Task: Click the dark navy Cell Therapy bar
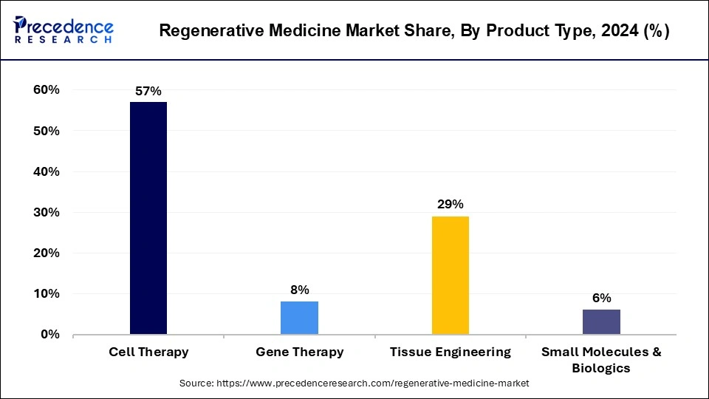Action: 148,218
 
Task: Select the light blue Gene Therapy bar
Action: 299,318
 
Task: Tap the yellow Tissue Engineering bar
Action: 450,275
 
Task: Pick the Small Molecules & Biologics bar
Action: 601,321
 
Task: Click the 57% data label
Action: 148,92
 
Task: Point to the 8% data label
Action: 299,290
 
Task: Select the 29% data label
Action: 450,205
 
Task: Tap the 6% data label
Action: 601,299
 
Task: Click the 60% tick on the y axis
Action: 46,90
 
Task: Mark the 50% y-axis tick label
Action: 46,131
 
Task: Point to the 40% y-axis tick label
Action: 46,171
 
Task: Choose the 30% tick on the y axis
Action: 46,212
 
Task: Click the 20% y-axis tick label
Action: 46,253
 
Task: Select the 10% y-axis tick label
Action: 46,294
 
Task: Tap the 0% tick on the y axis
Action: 49,335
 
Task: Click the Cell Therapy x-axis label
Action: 148,352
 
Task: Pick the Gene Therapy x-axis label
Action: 299,352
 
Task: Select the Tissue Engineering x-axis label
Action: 450,352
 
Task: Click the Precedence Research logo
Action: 64,30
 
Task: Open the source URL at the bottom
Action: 354,384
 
